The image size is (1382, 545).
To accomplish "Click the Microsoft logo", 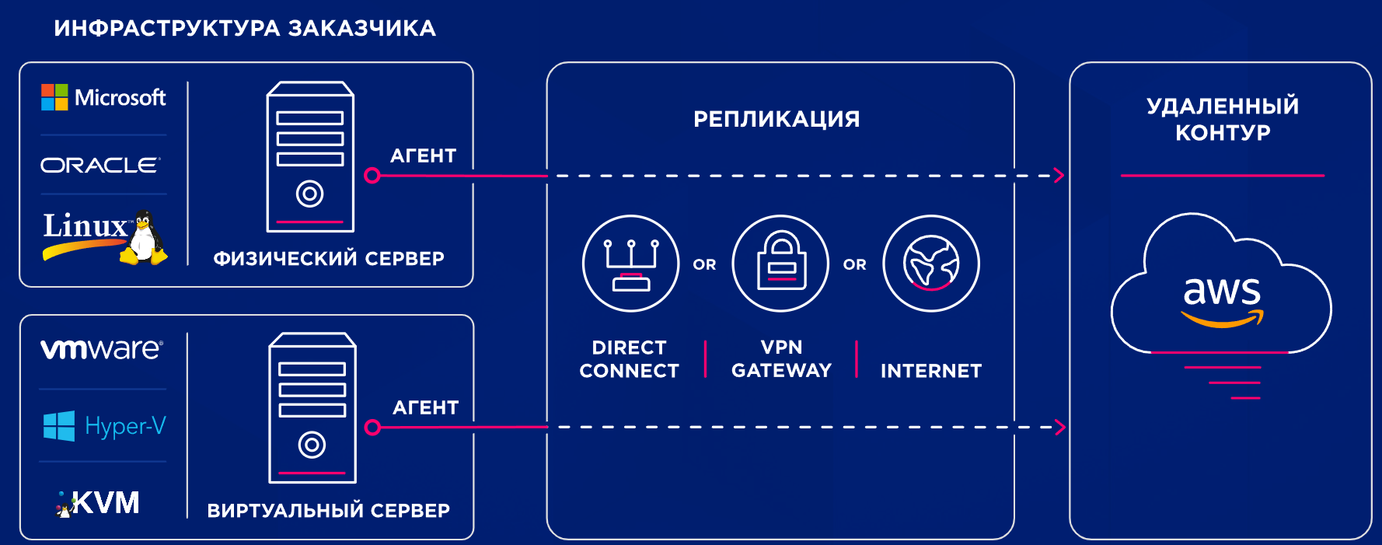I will [x=103, y=97].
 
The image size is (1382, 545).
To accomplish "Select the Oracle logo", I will [x=100, y=165].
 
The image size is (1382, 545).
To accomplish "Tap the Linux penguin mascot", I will [x=145, y=237].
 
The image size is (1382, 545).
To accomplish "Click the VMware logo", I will [x=102, y=348].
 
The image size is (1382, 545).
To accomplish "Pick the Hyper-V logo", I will [x=104, y=426].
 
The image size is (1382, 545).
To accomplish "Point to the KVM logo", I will [x=99, y=503].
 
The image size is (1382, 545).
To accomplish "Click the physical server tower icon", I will [x=310, y=157].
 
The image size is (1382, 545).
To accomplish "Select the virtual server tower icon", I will [x=312, y=408].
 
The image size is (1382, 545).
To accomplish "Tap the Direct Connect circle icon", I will [x=630, y=264].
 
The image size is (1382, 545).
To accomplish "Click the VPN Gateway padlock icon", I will [x=780, y=264].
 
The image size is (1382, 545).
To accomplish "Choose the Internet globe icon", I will [x=931, y=264].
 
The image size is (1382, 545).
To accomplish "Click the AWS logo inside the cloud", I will [x=1222, y=299].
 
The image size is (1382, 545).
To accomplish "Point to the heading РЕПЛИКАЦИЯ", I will [x=777, y=119].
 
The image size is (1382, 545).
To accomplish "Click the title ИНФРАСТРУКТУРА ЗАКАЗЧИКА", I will [x=245, y=28].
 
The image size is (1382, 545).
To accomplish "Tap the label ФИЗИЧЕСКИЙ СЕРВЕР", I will [x=329, y=258].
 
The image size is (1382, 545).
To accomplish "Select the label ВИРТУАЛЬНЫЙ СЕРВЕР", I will [x=328, y=510].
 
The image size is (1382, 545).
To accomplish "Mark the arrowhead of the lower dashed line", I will [x=1059, y=427].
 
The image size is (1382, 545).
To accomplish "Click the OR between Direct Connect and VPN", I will [x=704, y=264].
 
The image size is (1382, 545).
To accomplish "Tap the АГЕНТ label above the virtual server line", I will [x=425, y=407].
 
